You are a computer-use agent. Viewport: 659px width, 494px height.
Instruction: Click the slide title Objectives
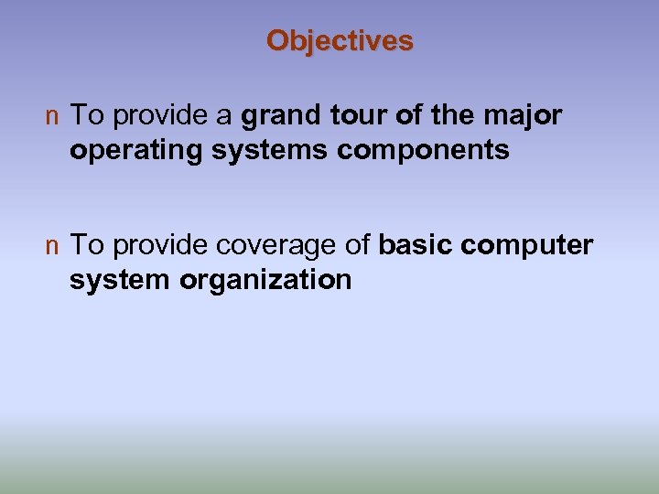(340, 41)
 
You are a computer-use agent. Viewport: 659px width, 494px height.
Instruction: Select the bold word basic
(416, 245)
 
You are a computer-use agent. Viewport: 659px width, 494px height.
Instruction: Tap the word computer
(528, 246)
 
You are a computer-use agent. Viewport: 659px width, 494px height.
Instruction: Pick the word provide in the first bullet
(159, 116)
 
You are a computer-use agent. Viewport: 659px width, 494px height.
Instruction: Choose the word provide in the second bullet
(159, 246)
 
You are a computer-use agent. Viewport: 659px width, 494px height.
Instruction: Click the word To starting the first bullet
(86, 116)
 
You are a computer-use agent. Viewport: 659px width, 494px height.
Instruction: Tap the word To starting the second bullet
(86, 245)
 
